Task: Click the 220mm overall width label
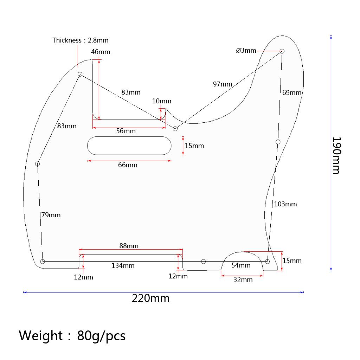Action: [x=150, y=298]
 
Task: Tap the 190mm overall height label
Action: [x=336, y=155]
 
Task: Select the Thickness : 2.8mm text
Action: [x=81, y=40]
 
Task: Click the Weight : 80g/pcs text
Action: [x=72, y=336]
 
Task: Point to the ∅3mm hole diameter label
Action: [x=246, y=50]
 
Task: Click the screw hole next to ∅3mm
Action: [x=282, y=51]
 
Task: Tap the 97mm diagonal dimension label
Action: [x=223, y=84]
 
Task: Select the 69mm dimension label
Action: [x=292, y=93]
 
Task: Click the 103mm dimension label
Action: [x=285, y=204]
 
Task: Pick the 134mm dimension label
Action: [x=123, y=265]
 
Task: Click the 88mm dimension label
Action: [x=129, y=246]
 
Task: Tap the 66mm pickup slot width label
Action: [x=128, y=165]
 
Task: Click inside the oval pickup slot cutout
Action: [x=129, y=146]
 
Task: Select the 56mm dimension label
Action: [x=126, y=131]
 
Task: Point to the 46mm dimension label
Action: [x=101, y=52]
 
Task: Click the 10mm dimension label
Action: [x=162, y=101]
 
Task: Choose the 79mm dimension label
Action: [x=51, y=215]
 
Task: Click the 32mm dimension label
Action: [x=243, y=280]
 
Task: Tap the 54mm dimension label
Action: [x=241, y=265]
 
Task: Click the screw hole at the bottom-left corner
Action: [x=43, y=261]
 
